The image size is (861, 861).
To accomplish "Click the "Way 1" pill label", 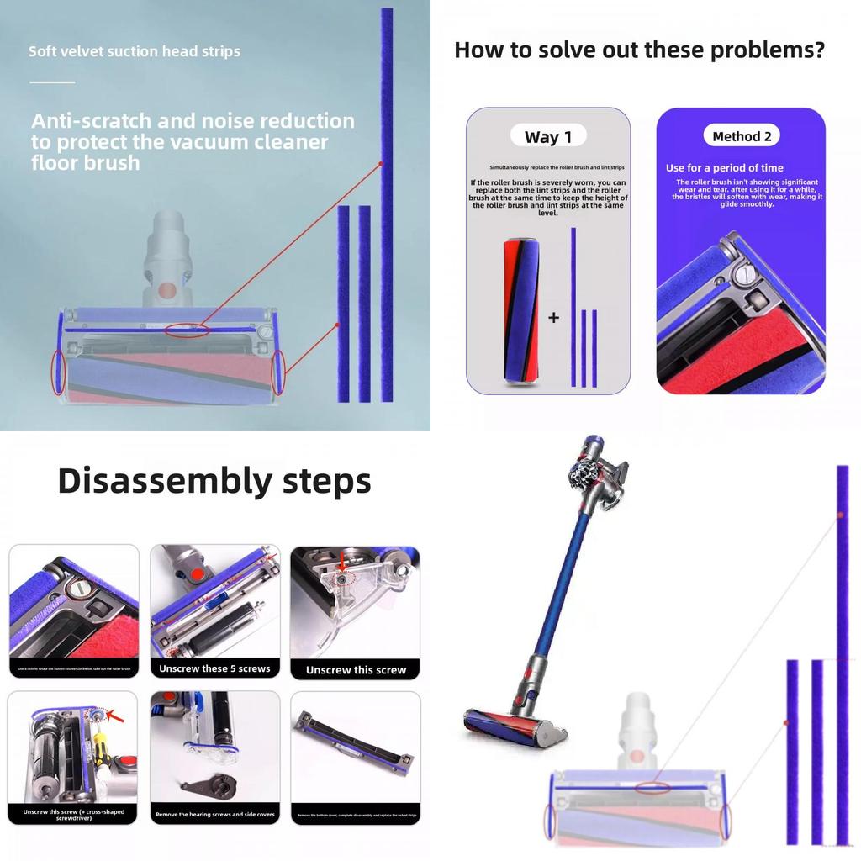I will [x=547, y=136].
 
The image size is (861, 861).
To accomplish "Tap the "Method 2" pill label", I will [x=742, y=136].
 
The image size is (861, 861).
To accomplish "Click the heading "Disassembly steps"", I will [x=214, y=481].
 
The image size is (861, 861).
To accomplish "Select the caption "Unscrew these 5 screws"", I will [x=214, y=668].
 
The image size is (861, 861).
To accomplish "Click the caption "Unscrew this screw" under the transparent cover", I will [x=356, y=670].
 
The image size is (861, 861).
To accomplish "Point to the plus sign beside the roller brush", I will [x=553, y=318].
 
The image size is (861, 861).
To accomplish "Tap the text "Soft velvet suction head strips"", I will [x=135, y=51].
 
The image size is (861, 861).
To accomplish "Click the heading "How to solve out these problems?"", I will [x=639, y=50].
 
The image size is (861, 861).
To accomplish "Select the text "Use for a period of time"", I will [x=724, y=168].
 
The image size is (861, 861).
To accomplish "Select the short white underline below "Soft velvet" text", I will [x=52, y=82].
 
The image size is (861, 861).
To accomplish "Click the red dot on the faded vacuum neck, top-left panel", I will [x=167, y=290].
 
